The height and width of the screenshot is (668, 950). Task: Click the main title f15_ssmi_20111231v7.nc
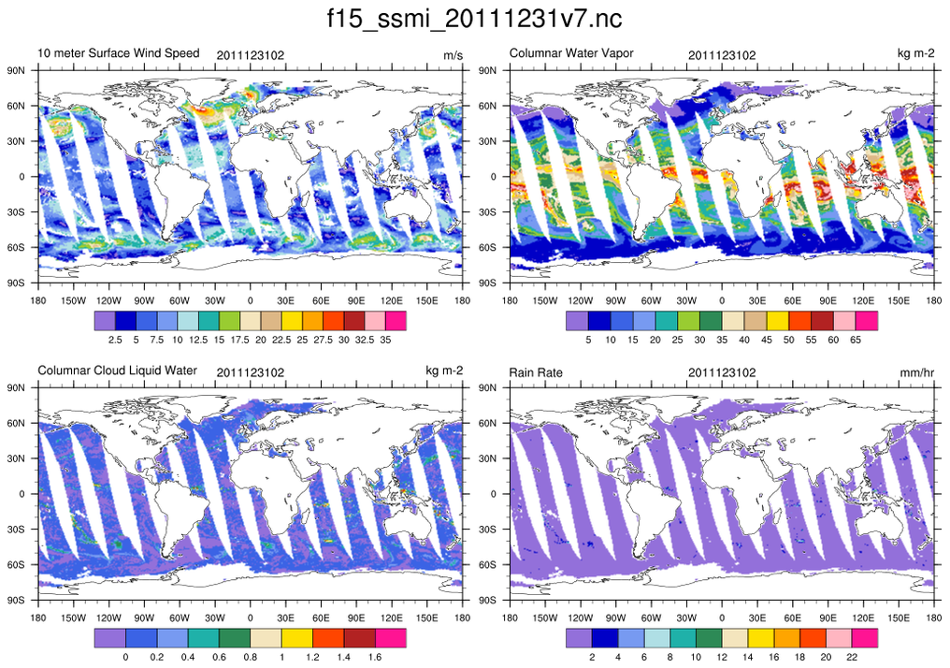tap(475, 20)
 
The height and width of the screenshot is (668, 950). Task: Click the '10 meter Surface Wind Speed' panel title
tap(119, 53)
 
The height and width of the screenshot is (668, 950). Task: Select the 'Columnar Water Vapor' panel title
tap(571, 53)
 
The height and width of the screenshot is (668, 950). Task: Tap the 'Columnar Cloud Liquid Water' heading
tap(118, 370)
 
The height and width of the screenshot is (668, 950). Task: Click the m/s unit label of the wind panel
tap(453, 55)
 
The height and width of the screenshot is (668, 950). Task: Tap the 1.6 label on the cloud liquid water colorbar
tap(375, 657)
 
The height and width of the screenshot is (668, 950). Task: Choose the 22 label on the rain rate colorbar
tap(852, 657)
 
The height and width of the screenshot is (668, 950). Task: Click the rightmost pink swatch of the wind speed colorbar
tap(395, 321)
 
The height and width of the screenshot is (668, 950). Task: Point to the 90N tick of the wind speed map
tap(15, 70)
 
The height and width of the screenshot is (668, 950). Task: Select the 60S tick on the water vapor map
tap(486, 247)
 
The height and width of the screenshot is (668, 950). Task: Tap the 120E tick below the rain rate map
tap(863, 617)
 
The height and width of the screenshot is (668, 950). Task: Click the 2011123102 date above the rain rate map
tap(722, 372)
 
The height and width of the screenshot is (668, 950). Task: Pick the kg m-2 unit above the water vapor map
tap(915, 54)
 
